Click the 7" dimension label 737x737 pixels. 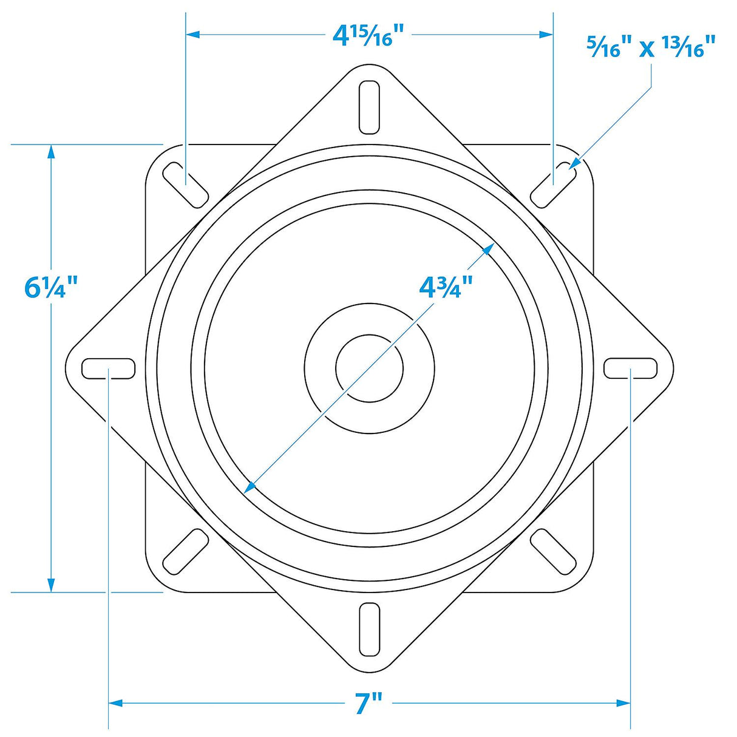pos(368,704)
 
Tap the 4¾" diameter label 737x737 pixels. pos(446,286)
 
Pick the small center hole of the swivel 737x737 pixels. pos(369,368)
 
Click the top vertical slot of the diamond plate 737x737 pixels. pos(369,107)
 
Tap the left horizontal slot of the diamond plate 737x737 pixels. pos(109,368)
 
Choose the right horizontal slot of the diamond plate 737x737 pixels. pos(630,368)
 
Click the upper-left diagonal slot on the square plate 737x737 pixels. pos(186,185)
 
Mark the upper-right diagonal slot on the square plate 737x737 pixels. pos(553,185)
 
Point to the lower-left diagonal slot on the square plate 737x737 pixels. pos(186,551)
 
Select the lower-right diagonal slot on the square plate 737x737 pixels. pos(553,551)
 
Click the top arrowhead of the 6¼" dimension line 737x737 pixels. pos(51,152)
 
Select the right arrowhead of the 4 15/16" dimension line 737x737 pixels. pos(546,35)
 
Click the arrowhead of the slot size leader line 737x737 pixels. pos(574,163)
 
